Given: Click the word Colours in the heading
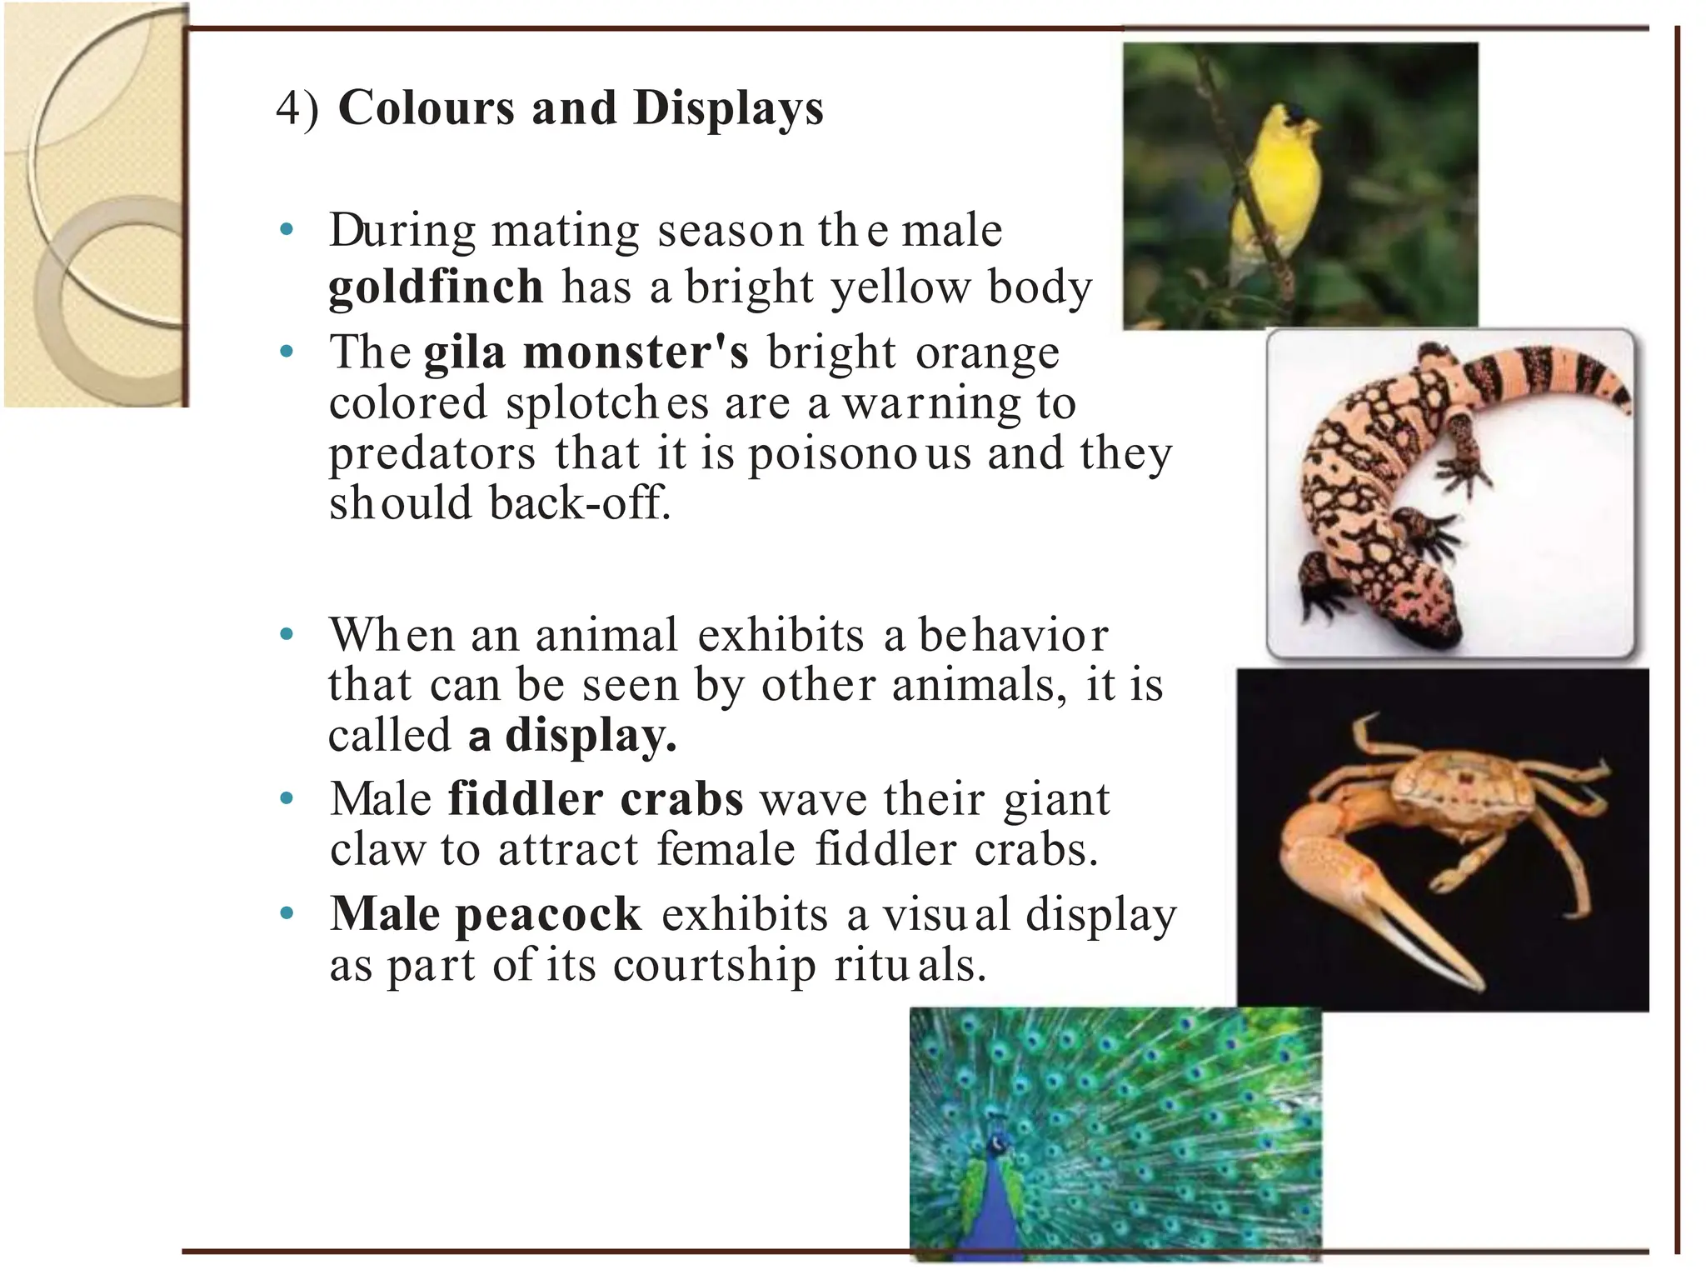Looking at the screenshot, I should pos(426,108).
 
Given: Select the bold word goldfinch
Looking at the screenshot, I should pos(436,287).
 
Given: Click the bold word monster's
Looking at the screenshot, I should pos(636,352).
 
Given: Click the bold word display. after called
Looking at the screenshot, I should pos(591,736).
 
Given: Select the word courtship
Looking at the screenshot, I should pos(714,967).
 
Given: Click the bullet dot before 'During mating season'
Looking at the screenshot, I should pos(287,230).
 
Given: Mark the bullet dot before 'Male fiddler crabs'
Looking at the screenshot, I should pos(287,799).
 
